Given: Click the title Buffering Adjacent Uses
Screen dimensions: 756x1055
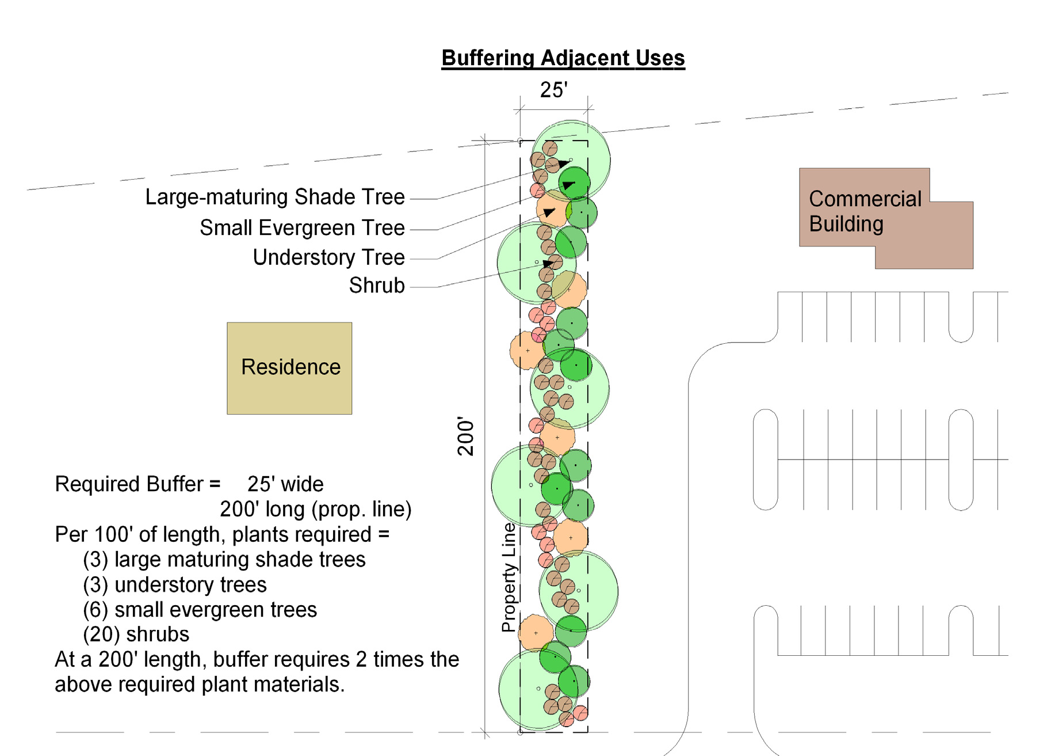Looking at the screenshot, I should coord(563,58).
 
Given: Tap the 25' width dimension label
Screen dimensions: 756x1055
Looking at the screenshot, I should coord(553,90).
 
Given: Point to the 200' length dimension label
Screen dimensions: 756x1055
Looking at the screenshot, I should coord(466,436).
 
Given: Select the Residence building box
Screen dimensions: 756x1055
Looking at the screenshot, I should coord(289,368).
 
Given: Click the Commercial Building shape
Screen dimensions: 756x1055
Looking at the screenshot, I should coord(886,219).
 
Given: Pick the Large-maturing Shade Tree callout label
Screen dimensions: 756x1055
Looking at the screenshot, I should coord(274,197).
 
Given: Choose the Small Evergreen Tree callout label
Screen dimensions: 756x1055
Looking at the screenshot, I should coord(302,228).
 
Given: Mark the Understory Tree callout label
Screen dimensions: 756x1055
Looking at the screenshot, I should coord(328,257).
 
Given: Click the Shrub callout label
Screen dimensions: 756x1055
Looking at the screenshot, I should coord(377,286).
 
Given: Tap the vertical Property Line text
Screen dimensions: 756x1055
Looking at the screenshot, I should coord(509,577).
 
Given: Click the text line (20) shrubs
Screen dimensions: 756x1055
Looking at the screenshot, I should coord(136,635).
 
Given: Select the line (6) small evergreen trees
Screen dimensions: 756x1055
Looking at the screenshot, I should coord(200,610).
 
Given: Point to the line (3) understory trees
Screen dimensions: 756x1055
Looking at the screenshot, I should coord(174,585).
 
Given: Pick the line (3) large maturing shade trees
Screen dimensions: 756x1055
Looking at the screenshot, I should coord(224,560).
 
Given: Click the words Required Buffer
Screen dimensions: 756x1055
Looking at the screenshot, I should coord(129,484).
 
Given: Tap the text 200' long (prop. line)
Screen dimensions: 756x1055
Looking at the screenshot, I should coord(315,510).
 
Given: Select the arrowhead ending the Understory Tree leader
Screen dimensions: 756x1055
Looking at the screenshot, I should coord(549,212).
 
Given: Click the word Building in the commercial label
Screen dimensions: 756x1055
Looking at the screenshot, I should coord(846,224).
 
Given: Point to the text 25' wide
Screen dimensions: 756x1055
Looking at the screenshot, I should coord(285,484).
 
